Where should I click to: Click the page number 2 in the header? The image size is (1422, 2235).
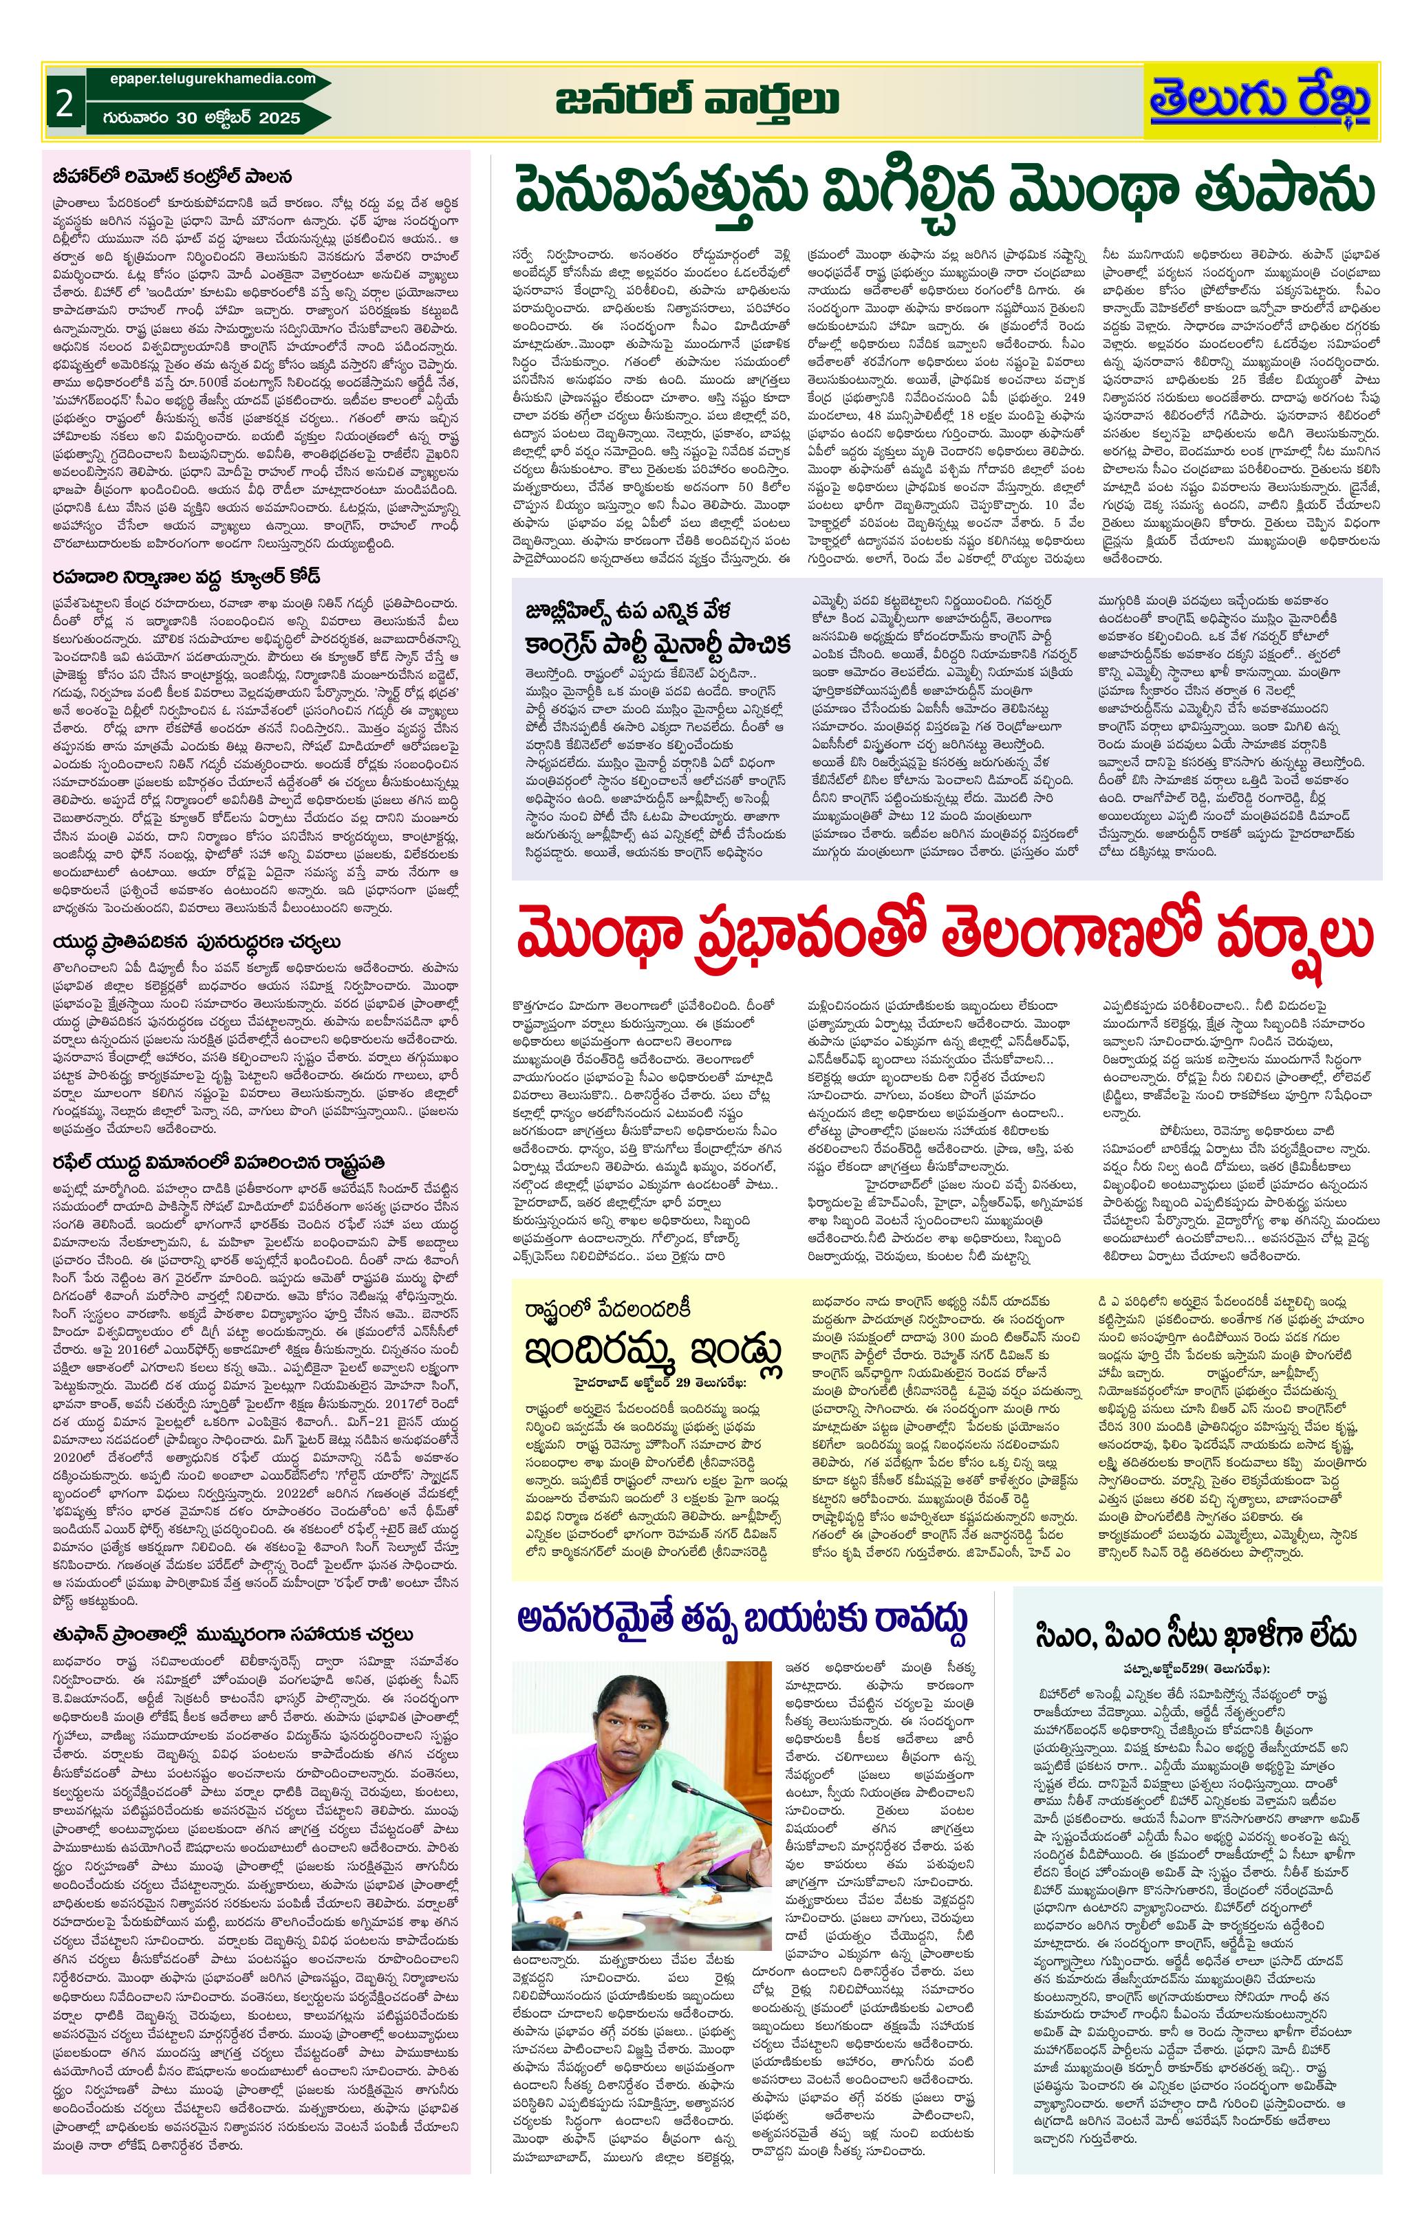click(64, 104)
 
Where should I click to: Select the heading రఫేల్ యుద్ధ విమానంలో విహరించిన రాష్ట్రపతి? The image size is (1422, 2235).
click(218, 1162)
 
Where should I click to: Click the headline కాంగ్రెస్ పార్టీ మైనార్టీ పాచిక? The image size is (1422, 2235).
click(659, 643)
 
